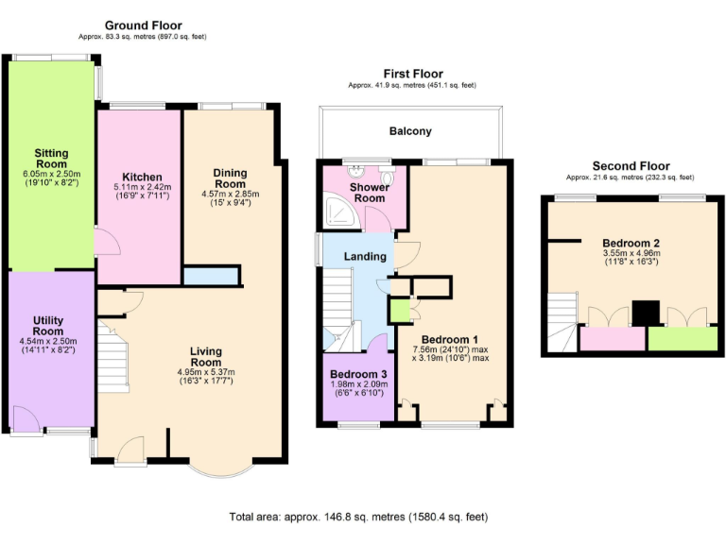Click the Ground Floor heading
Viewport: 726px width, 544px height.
143,25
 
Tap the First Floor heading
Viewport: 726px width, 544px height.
412,74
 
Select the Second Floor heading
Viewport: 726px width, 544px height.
631,166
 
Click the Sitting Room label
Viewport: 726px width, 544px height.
51,159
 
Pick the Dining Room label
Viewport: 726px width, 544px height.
230,178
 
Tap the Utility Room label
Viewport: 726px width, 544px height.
47,327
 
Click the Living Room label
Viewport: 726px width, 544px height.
206,356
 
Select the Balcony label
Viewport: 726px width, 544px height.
410,131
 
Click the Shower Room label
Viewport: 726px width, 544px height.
370,193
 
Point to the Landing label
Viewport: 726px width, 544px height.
365,256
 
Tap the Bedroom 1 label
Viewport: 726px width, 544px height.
450,339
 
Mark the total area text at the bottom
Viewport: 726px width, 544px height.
362,517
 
